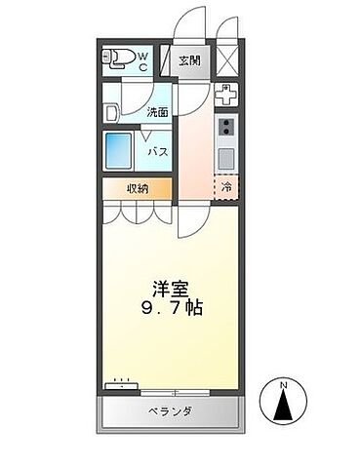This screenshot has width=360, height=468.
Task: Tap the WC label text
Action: point(142,61)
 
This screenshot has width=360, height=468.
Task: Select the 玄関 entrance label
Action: point(191,61)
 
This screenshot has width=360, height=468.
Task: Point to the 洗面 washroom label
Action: point(158,111)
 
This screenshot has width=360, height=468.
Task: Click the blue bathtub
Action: point(121,150)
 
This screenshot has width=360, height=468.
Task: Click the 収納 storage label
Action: point(138,188)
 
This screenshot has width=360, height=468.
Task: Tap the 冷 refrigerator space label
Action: point(227,187)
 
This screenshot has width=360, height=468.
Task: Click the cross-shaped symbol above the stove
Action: point(225,97)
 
